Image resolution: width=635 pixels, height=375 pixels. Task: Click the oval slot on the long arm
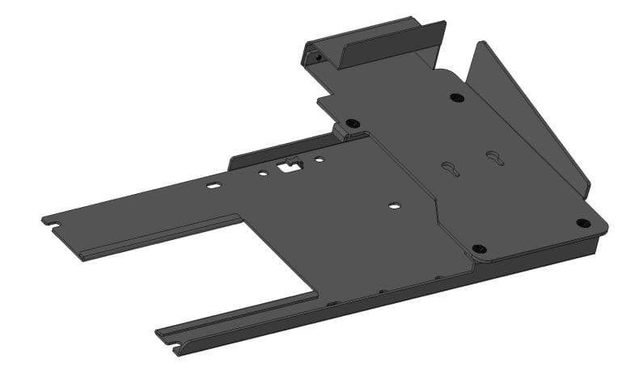213,186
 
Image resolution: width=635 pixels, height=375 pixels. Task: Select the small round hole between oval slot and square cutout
263,172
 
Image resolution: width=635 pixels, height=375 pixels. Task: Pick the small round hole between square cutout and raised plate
320,159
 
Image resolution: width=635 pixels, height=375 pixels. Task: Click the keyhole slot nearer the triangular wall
494,157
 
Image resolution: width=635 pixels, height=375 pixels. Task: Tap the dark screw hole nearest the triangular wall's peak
457,98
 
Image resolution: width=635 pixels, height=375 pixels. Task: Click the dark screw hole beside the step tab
351,124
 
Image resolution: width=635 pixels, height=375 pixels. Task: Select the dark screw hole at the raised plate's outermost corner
582,222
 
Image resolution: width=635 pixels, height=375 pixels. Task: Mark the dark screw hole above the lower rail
478,248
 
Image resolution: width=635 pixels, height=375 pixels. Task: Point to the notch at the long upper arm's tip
47,220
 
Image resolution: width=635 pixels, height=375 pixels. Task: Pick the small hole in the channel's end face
319,58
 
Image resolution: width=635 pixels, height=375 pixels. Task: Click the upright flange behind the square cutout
259,155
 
